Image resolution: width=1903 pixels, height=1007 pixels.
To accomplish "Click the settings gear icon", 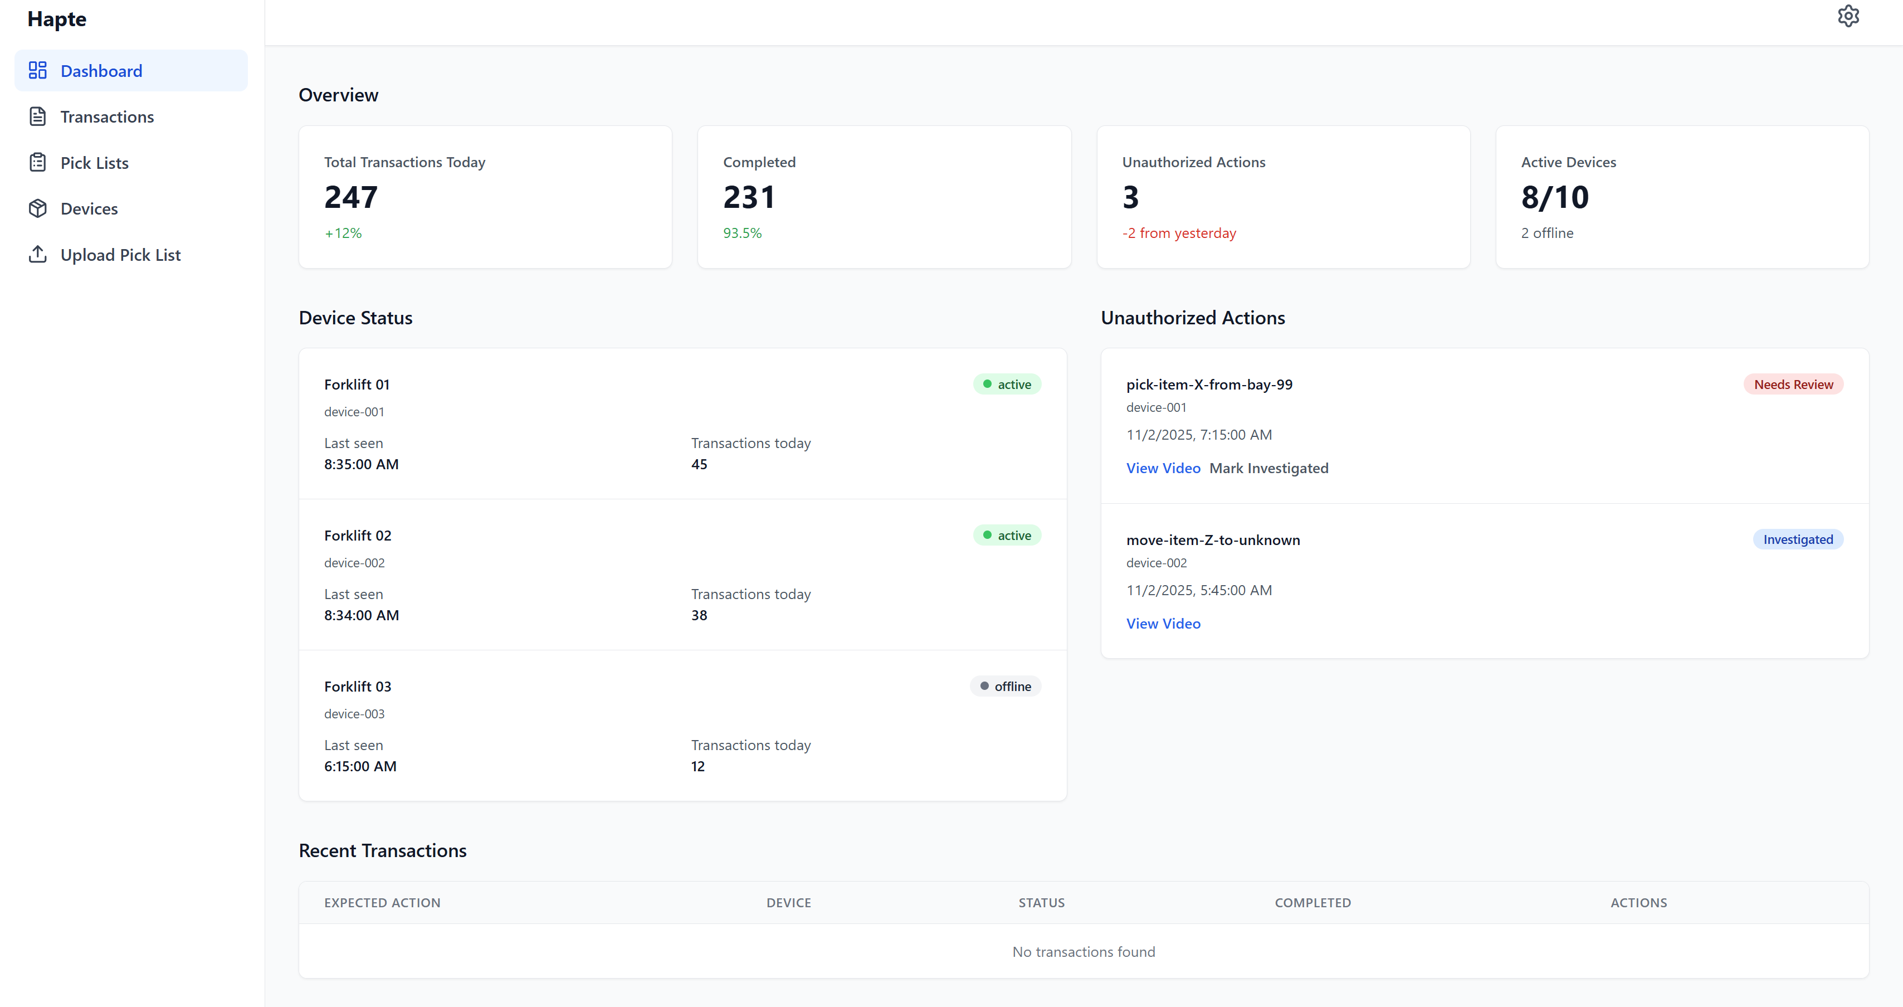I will click(x=1848, y=16).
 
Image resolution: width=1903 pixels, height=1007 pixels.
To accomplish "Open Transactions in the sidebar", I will click(x=106, y=116).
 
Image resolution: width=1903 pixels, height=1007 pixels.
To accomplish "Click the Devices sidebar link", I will click(x=89, y=208).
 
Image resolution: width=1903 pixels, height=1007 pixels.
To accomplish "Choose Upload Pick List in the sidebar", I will click(x=120, y=255).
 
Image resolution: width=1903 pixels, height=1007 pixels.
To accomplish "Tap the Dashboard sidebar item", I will click(x=101, y=71).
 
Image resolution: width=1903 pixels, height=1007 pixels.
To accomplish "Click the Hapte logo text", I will click(x=57, y=19).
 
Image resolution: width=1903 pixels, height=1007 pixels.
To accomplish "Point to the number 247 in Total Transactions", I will click(x=351, y=197).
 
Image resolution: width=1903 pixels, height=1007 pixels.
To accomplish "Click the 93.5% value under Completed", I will click(x=741, y=233).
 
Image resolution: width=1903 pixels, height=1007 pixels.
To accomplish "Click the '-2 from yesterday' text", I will click(x=1178, y=233).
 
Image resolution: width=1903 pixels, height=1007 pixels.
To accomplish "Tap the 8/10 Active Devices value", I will click(x=1554, y=197).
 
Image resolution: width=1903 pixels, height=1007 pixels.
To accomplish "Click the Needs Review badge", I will click(x=1793, y=384).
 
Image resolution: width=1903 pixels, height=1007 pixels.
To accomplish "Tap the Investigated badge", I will click(x=1797, y=539).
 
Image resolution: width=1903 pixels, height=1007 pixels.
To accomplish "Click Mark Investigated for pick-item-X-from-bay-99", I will click(x=1268, y=469).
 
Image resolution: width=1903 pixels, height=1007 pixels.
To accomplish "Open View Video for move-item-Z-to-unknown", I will click(x=1163, y=624).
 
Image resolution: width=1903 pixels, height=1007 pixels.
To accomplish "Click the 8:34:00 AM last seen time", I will click(x=361, y=615).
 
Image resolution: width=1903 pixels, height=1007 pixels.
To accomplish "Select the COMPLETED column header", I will click(x=1312, y=903).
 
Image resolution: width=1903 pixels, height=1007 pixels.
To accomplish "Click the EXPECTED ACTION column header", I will click(x=382, y=903).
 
